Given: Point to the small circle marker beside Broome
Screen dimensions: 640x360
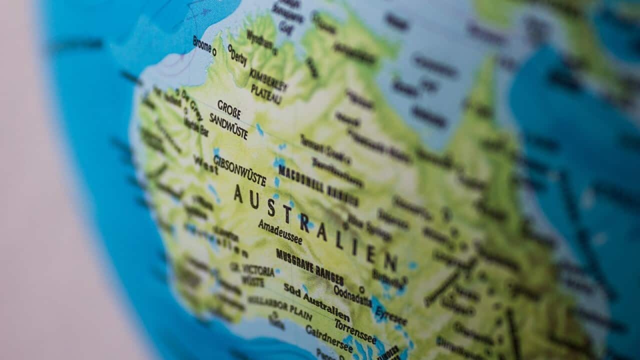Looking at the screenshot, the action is coord(214,51).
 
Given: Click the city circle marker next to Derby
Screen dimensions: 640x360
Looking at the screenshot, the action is coord(229,48).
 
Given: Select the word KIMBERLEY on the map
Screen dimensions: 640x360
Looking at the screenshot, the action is coord(268,79).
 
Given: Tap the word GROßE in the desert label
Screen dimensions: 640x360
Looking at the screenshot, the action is coord(229,109).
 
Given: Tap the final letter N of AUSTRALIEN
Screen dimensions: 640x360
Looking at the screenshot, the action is coord(390,262).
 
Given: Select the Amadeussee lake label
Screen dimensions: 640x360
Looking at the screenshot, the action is coord(280,231).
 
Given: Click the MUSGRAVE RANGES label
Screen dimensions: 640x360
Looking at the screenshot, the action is coord(310,266).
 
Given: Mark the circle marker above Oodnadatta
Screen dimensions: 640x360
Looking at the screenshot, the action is coord(361,289).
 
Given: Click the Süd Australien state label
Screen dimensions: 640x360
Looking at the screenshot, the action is coord(316,302).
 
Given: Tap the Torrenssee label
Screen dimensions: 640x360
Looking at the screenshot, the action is coord(355,330).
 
